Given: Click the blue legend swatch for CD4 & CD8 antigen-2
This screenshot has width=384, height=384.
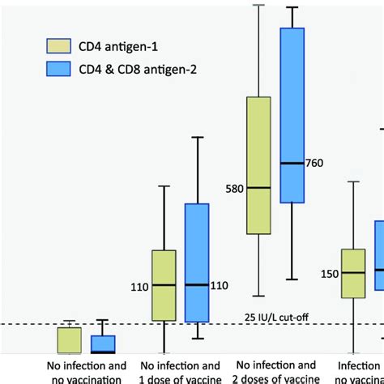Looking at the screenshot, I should [x=59, y=70].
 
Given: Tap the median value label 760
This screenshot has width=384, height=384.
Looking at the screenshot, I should [x=314, y=164].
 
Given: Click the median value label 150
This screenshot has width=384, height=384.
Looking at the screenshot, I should [x=330, y=274].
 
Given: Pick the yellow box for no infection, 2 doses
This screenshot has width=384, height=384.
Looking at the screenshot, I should [x=258, y=166].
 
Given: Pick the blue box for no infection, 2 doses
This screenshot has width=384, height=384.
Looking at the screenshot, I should [x=292, y=115].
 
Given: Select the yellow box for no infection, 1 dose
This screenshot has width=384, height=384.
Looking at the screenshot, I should [x=164, y=285].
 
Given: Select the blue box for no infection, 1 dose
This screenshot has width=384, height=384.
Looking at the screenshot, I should [x=197, y=262].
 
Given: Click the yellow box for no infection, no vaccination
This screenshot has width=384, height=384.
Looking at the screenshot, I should [x=69, y=340].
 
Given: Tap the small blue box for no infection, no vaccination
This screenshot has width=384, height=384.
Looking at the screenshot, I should [x=102, y=345].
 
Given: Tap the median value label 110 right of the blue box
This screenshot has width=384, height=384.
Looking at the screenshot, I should [x=220, y=285].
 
